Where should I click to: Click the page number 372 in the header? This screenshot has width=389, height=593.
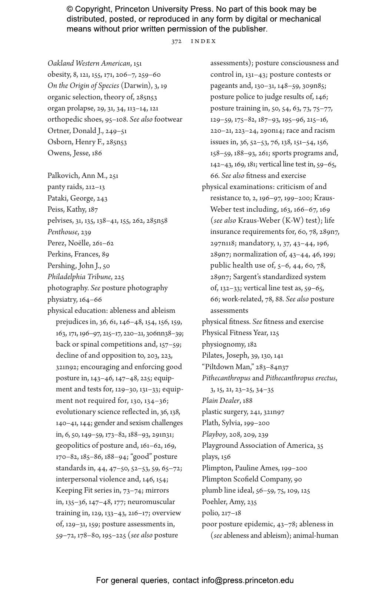click(x=176, y=42)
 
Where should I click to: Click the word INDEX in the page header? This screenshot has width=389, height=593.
click(x=203, y=42)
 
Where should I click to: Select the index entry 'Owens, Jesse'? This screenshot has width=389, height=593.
click(x=69, y=153)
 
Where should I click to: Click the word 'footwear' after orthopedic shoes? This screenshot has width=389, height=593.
click(x=168, y=119)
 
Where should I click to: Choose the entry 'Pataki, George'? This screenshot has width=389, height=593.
click(x=71, y=198)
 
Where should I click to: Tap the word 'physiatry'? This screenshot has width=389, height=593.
click(x=62, y=299)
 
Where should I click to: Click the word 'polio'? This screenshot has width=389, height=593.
click(x=210, y=513)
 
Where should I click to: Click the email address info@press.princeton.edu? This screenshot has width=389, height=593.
click(x=247, y=580)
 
